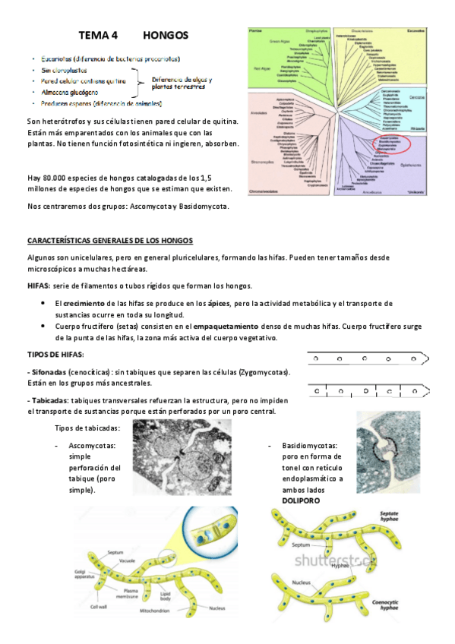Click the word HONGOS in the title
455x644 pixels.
166,36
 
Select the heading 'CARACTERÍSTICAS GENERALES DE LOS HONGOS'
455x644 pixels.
110,241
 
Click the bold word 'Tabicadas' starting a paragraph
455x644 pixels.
52,400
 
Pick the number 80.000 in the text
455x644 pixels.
61,178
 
